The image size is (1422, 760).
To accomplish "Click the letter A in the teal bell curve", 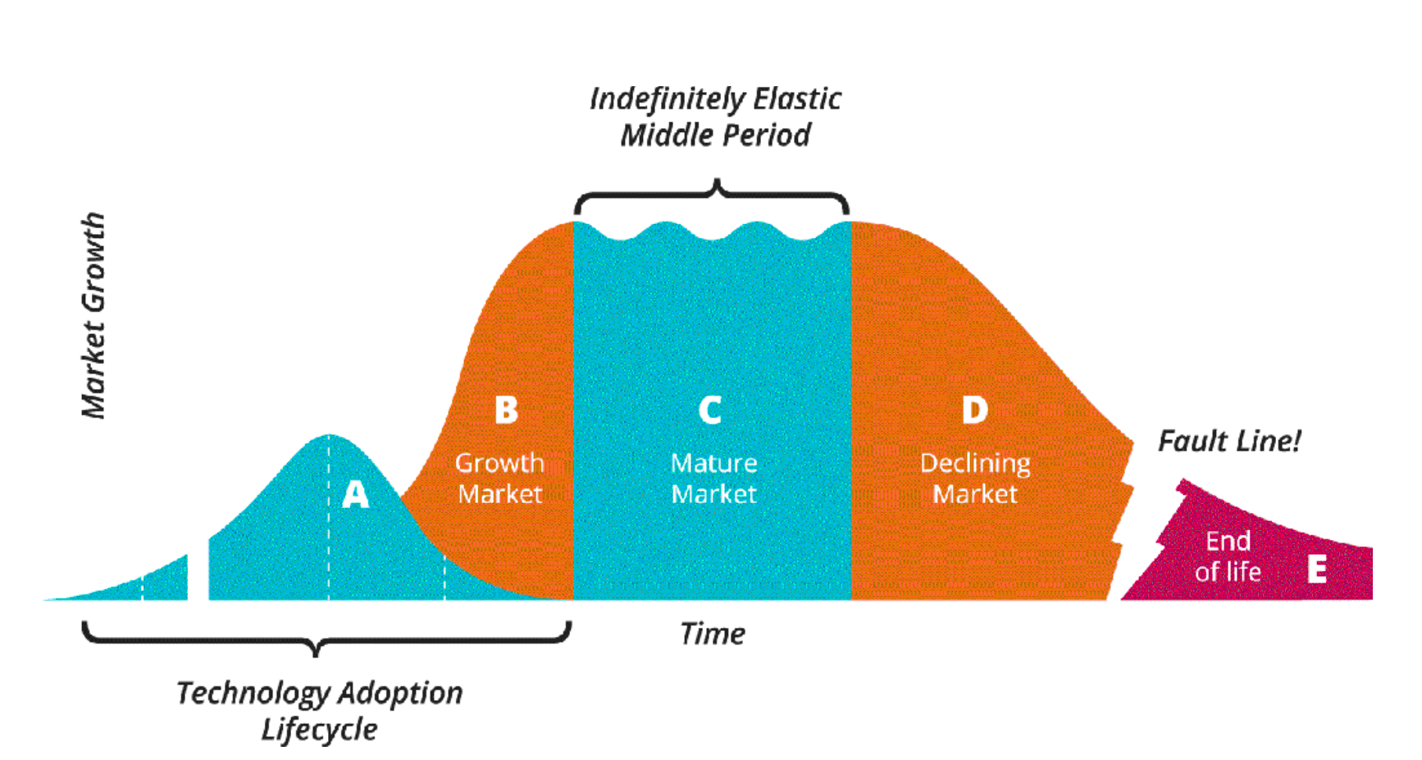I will (355, 494).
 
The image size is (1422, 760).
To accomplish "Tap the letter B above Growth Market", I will (506, 410).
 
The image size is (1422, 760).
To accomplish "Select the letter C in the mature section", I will (710, 410).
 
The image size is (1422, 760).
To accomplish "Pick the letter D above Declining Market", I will (974, 410).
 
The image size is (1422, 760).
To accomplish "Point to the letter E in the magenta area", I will (1317, 568).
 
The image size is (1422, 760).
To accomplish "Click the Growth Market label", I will (499, 478).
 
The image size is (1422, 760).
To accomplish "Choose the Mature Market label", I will (713, 478).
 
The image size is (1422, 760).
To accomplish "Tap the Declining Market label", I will (975, 478).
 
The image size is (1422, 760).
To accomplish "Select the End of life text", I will (1228, 556).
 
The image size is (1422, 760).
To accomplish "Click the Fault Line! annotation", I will (1228, 442).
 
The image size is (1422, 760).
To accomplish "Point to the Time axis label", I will (712, 634).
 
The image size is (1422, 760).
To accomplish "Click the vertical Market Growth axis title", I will (93, 316).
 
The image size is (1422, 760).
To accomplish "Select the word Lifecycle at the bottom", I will (319, 730).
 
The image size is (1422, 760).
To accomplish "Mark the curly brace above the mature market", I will (712, 195).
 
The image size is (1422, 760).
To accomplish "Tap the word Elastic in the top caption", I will (797, 99).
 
